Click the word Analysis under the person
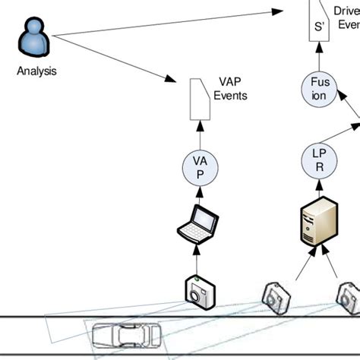(x=36, y=72)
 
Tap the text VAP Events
(x=231, y=90)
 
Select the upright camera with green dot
(x=199, y=290)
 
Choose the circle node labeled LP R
(x=318, y=159)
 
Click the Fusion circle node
(x=318, y=89)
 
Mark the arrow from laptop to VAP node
(x=199, y=194)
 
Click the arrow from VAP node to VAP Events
(x=200, y=134)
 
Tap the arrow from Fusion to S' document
(x=318, y=56)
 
